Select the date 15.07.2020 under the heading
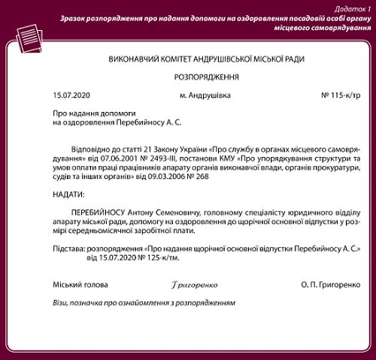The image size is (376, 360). [x=71, y=95]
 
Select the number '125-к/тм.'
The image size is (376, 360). [x=165, y=258]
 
